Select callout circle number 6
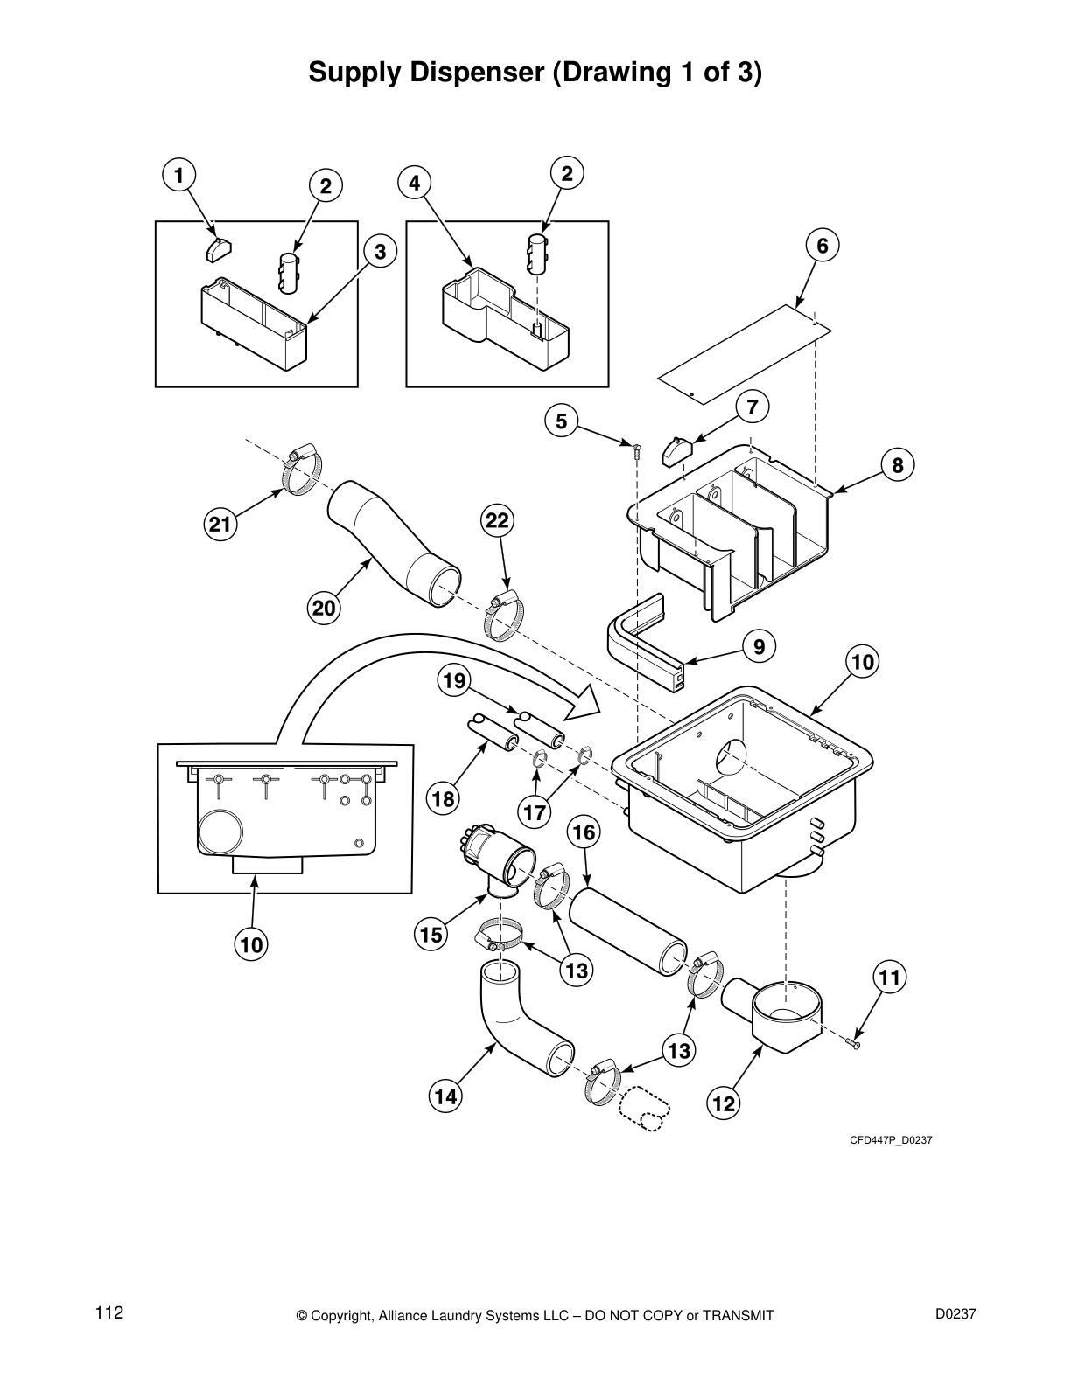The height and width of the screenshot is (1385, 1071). (x=822, y=246)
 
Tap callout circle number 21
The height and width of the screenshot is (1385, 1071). (x=221, y=525)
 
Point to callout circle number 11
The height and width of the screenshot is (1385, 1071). (x=889, y=978)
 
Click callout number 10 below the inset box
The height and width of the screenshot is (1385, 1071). (x=251, y=945)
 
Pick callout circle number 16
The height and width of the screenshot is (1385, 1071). (x=584, y=832)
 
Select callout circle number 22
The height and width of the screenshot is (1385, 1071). (x=497, y=521)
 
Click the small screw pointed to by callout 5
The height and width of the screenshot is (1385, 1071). (x=636, y=449)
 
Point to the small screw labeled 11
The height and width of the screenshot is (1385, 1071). (x=855, y=1042)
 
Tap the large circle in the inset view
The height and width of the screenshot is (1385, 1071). (x=223, y=830)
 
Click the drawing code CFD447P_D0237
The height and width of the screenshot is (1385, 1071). (x=885, y=1139)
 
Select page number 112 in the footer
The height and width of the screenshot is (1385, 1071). (x=109, y=1313)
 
